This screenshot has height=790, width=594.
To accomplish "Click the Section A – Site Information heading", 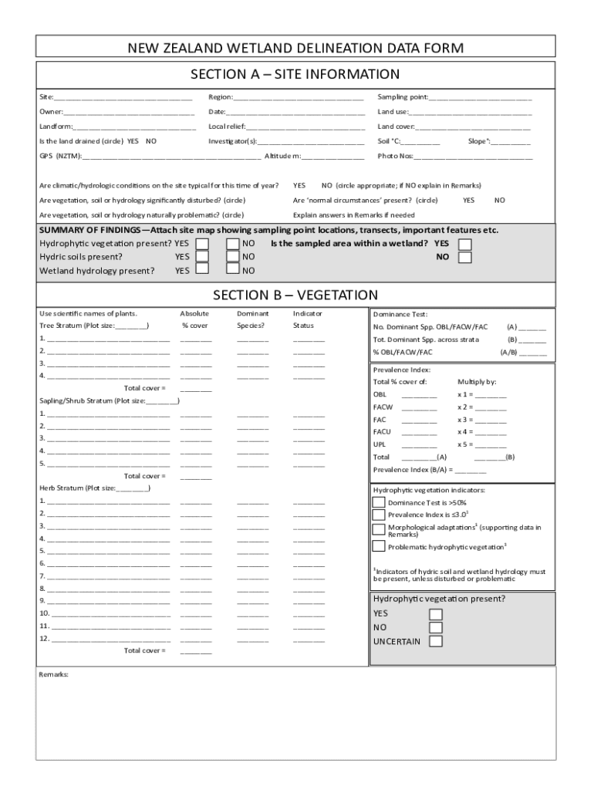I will pos(295,75).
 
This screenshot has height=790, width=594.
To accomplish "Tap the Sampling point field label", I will pos(402,97).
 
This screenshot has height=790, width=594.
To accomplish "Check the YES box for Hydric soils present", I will pos(201,256).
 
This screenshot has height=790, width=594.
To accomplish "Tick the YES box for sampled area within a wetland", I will pos(464,244).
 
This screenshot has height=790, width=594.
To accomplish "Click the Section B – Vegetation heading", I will pos(295,295).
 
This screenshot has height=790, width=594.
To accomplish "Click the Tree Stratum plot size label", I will pos(93,326).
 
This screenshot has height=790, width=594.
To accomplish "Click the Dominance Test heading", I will pos(394,315).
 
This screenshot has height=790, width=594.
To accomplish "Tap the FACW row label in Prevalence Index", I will pos(383,407).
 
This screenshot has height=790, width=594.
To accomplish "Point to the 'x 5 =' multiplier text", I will pos(465,444).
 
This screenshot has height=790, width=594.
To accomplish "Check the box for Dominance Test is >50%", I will pos(379,502).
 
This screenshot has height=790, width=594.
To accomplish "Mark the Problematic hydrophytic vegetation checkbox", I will pos(379,546).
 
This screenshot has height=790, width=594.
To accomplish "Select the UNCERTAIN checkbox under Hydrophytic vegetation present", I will pos(436,641).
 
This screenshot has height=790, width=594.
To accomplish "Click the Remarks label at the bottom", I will pos(54,674).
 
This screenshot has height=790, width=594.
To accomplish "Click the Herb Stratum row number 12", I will pos(44,638).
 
